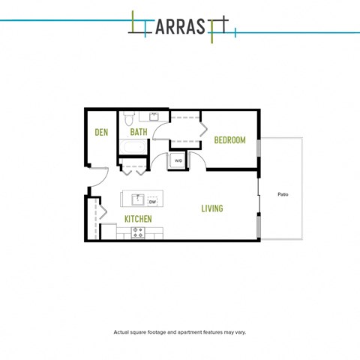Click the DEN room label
[101, 132]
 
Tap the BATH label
[139, 132]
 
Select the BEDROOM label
[230, 140]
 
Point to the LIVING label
[212, 208]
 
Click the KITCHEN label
[138, 219]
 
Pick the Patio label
[283, 194]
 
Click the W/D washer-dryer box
[178, 160]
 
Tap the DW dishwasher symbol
[152, 202]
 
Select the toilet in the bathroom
[129, 118]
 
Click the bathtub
[133, 147]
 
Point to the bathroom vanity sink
[154, 116]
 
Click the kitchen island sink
[138, 199]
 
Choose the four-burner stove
[138, 232]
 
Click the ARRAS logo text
[181, 27]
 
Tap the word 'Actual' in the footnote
[121, 332]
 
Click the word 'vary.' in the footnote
[241, 332]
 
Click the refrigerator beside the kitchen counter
[109, 231]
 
